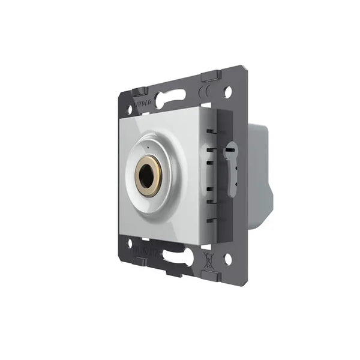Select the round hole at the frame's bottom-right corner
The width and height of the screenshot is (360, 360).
click(227, 258)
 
